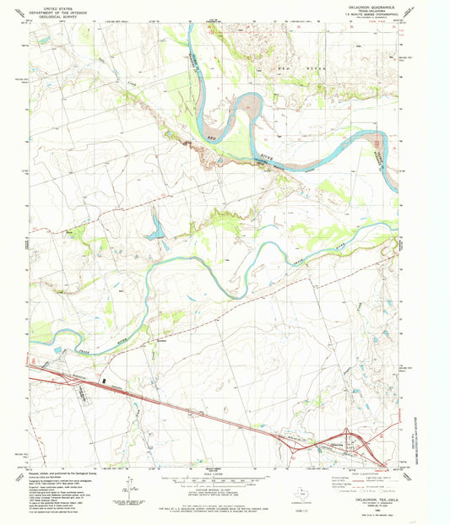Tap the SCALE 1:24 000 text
225,477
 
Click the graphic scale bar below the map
225,484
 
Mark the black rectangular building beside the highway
105,382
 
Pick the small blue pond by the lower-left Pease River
57,349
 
